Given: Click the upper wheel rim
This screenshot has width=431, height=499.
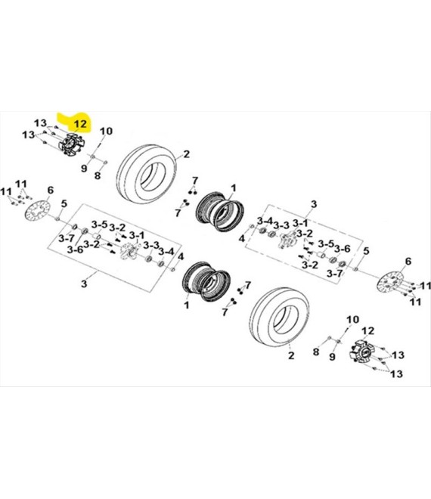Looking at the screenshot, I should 218,209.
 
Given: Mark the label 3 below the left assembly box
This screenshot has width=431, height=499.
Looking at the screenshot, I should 85,283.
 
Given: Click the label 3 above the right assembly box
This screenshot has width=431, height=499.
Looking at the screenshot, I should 314,203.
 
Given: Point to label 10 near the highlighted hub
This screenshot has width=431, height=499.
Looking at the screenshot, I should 105,131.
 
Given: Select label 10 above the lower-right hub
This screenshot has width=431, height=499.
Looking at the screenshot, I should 350,321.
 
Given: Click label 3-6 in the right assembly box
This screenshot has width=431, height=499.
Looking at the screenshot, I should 343,249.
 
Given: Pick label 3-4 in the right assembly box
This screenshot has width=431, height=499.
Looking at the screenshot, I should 264,220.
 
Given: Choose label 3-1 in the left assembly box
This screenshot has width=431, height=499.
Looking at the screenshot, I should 136,234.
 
